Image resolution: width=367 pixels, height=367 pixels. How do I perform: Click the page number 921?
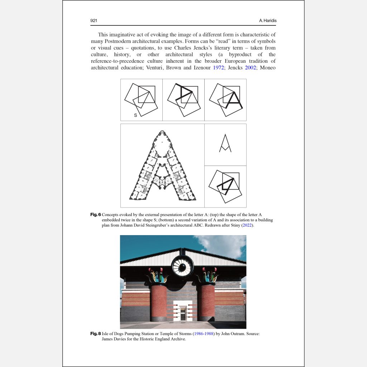(x=94, y=21)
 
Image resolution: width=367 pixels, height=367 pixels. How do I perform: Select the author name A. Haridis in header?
(x=267, y=21)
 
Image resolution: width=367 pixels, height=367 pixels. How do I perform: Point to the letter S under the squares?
(x=135, y=115)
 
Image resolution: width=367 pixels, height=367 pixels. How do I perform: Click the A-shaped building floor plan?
(x=162, y=167)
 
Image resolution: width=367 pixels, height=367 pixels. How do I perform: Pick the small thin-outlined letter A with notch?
(x=225, y=143)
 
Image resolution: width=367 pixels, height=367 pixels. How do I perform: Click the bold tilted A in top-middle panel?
(x=185, y=94)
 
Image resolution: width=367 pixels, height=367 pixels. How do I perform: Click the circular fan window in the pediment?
(x=182, y=266)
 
